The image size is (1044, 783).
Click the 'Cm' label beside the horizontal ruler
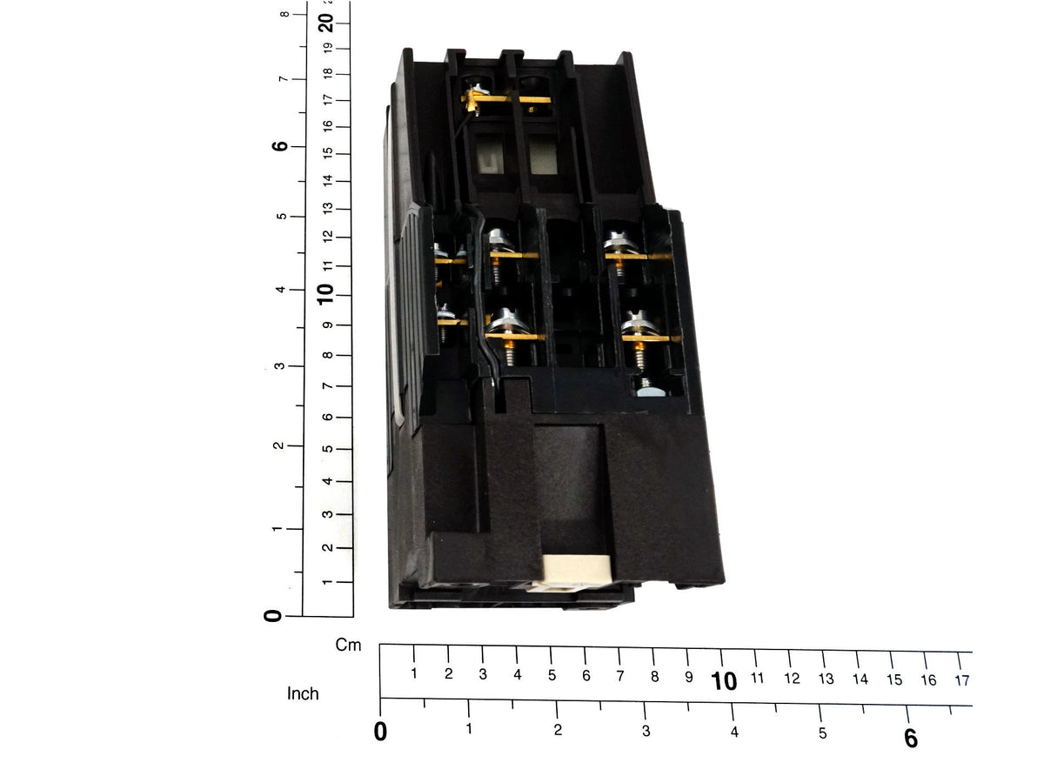coord(348,646)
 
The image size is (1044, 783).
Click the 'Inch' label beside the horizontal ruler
coord(303,693)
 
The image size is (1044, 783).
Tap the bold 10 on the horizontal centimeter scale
coord(724,681)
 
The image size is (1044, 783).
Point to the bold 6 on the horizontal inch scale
coord(910,739)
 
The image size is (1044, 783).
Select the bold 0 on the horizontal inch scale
coord(380,731)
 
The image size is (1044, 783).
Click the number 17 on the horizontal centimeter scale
coord(961,681)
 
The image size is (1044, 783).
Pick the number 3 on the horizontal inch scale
coord(646,731)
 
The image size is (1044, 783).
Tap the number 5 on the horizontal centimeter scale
coord(552,675)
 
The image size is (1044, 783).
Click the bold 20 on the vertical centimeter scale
coord(325,23)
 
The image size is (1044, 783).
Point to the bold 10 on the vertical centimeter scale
coord(325,294)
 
